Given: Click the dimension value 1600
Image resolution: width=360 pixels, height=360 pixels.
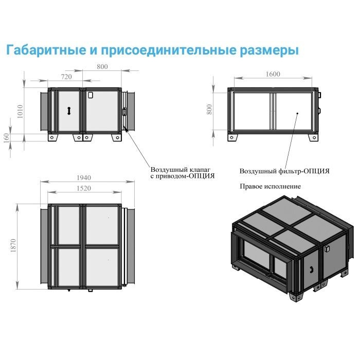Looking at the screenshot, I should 273,74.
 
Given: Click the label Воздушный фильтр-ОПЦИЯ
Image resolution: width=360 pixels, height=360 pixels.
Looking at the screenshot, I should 284,171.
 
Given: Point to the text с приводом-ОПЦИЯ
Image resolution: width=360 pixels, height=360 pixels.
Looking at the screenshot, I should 183,176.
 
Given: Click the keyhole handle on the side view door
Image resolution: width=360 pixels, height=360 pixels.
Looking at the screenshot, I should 69,110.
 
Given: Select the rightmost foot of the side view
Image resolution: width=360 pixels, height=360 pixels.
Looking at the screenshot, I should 116,138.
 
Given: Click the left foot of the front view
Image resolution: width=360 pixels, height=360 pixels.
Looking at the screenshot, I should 235,137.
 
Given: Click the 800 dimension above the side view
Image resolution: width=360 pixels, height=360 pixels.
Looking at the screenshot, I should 102,66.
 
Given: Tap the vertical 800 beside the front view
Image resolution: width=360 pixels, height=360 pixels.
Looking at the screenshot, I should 210,110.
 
